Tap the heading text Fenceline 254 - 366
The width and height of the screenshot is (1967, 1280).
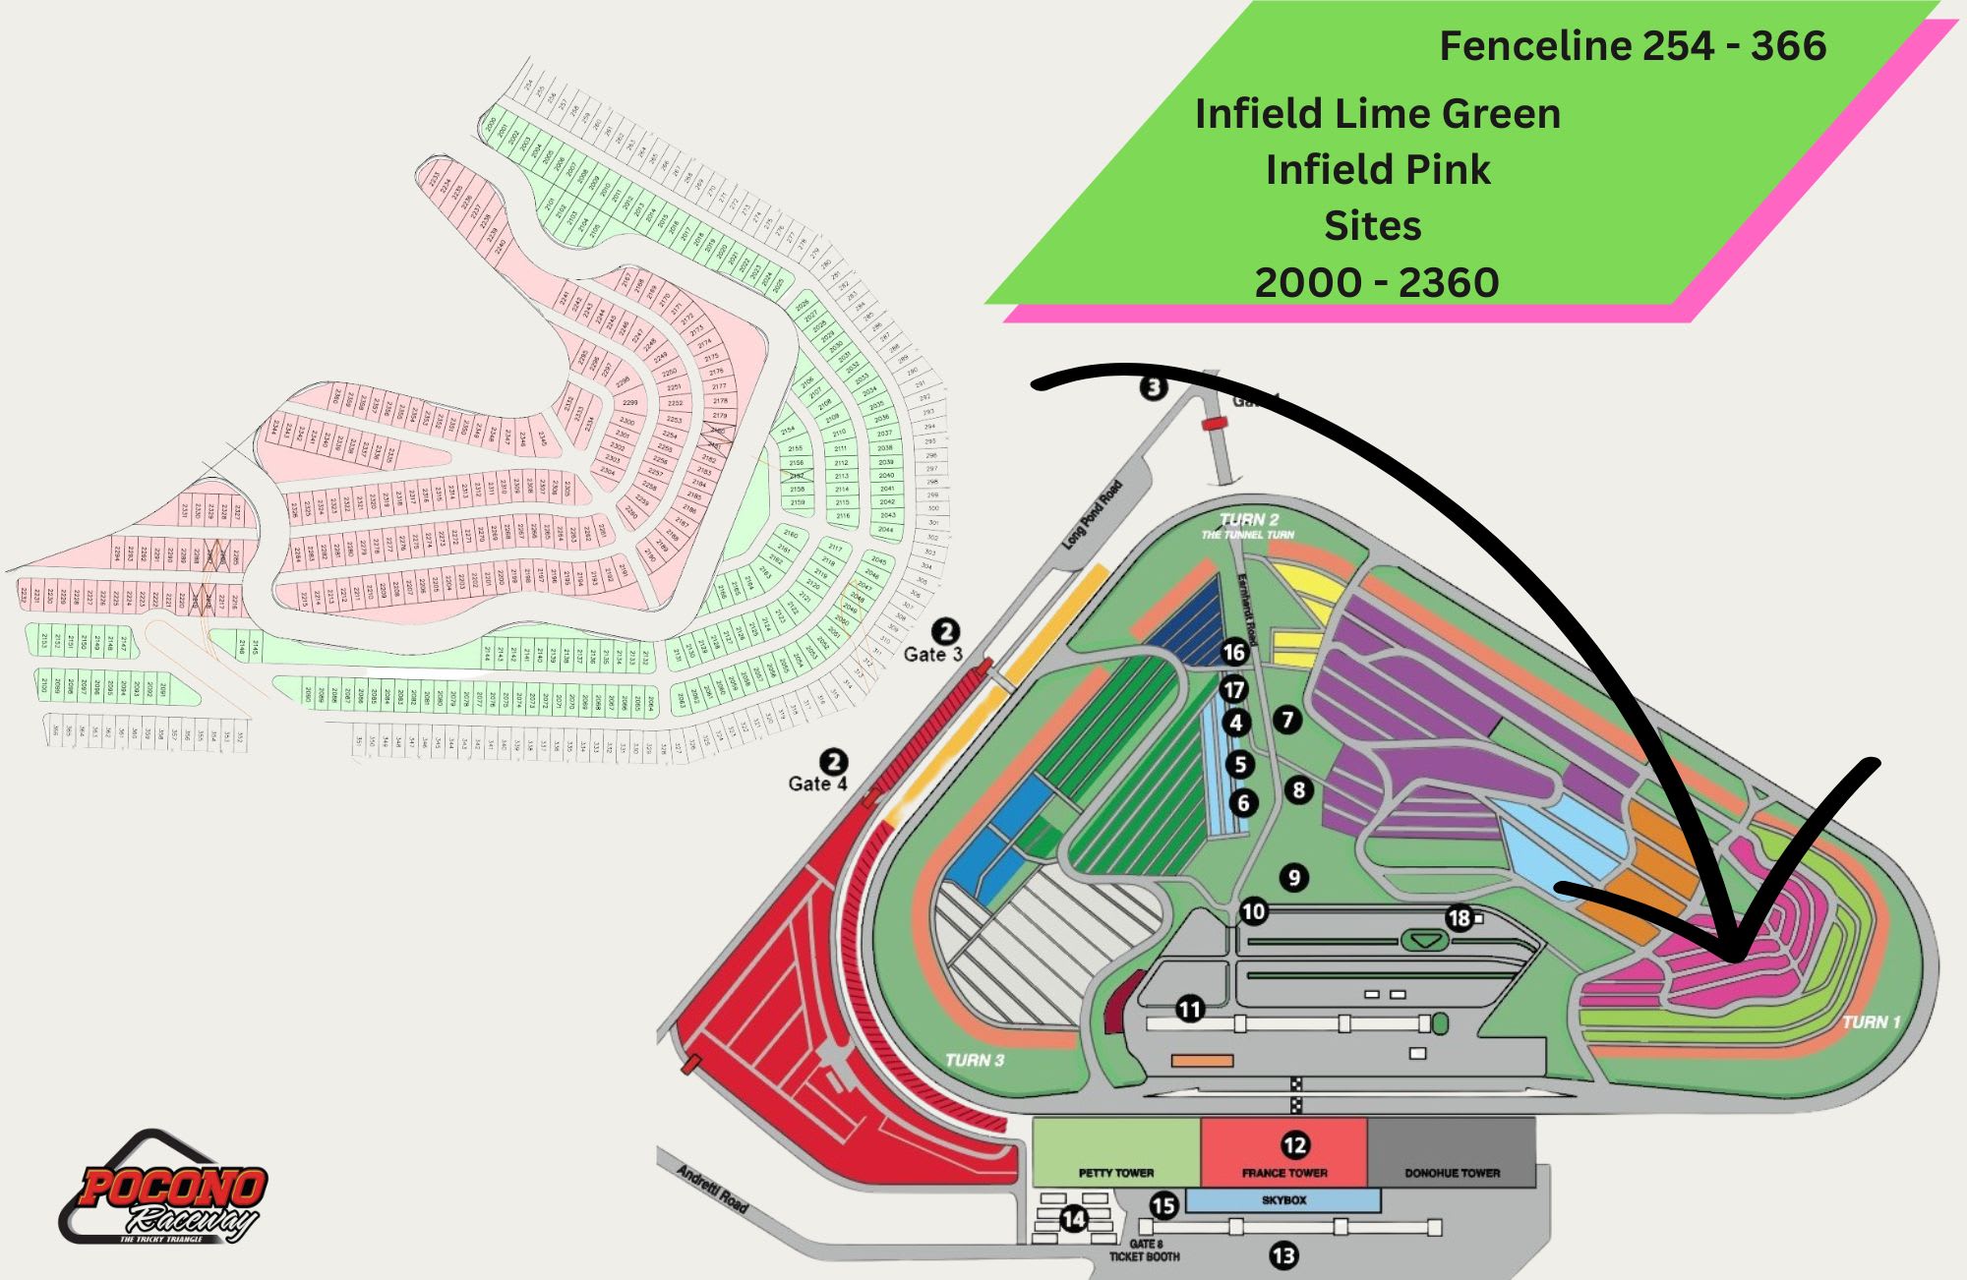1633,46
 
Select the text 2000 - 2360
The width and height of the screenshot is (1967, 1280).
1376,283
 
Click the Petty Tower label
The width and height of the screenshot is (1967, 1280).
1116,1172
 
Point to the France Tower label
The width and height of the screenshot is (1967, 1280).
1284,1172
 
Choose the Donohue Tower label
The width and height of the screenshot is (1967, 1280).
1452,1172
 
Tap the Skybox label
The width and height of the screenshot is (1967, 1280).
1283,1200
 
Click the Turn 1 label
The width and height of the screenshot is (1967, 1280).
1871,1022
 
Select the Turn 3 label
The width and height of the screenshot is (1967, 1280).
974,1060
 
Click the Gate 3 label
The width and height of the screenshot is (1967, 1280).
932,654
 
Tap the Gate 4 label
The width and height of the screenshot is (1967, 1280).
817,784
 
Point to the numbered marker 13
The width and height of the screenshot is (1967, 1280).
1283,1255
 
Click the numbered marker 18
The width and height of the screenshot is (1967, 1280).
1459,918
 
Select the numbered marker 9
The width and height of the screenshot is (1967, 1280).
1294,878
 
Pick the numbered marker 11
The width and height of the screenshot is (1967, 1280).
1190,1009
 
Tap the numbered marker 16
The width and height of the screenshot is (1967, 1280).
1233,652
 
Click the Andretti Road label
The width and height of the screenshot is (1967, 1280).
713,1189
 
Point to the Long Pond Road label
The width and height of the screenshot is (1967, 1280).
1092,515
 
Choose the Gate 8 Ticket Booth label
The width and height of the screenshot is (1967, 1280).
1144,1251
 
